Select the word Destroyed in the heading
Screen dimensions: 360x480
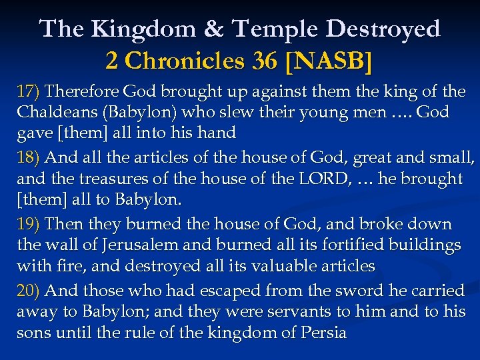tap(386, 29)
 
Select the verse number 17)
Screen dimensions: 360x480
tap(29, 91)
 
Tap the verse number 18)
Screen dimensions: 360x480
tap(29, 158)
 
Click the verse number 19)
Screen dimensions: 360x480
tap(29, 225)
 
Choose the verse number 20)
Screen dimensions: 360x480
tap(29, 291)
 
